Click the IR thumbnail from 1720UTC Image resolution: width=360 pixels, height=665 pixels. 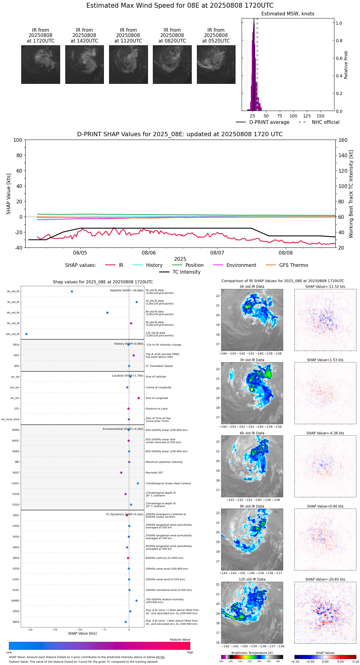tap(40, 64)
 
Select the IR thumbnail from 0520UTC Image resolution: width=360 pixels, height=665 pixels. tap(216, 64)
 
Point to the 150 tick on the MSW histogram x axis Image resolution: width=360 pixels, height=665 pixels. tap(321, 116)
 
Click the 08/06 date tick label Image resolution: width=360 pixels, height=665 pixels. tap(149, 253)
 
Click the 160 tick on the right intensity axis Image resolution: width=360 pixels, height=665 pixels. tap(343, 140)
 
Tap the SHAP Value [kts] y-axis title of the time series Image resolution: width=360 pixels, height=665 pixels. tap(9, 194)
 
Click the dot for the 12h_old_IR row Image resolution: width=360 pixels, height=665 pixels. tap(27, 334)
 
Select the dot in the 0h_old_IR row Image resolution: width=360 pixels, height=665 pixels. tap(72, 292)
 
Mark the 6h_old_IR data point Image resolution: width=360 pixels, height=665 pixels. tap(107, 313)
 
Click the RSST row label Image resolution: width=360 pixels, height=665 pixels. tap(16, 473)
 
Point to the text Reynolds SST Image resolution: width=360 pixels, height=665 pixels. tap(154, 473)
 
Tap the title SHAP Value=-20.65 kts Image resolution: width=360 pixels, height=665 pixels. tap(325, 580)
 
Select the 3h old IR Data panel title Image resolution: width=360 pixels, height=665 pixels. tap(252, 360)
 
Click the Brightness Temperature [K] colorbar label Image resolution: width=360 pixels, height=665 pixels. tap(252, 653)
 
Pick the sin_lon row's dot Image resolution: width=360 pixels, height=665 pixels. tap(139, 398)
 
